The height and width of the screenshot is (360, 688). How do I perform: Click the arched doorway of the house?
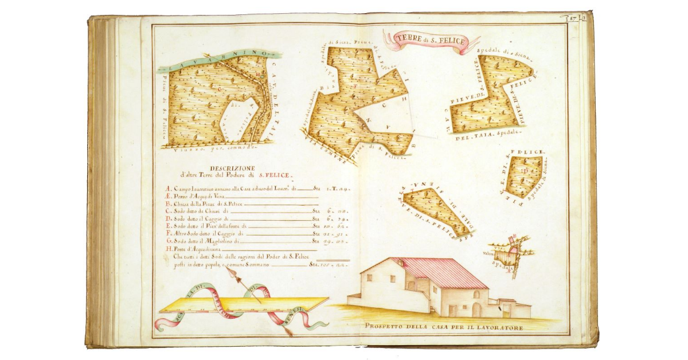[x=476, y=310]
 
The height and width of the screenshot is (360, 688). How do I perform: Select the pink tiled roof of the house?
[x=447, y=272]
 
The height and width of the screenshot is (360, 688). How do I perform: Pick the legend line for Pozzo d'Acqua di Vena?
[x=202, y=195]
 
